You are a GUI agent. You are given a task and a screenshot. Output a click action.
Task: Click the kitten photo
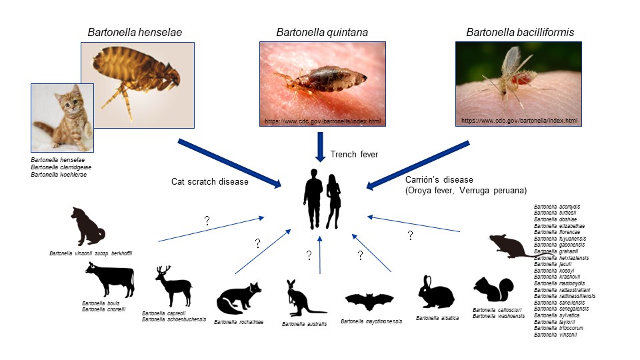coord(62,117)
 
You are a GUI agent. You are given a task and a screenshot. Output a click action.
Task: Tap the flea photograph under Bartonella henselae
coord(137,85)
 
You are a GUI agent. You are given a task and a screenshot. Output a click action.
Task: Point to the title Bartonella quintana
coord(322,32)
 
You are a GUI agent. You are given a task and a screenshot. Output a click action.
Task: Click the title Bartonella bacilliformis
coord(520,32)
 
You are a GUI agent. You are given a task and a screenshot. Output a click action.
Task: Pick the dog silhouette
coord(87,227)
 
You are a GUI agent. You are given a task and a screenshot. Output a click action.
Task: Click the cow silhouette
coord(109,279)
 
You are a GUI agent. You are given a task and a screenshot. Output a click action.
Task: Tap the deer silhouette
coord(173,285)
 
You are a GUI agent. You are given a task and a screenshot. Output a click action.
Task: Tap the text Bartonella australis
coord(305,324)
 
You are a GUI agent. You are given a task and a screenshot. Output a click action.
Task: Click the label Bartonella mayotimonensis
coord(371,321)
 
